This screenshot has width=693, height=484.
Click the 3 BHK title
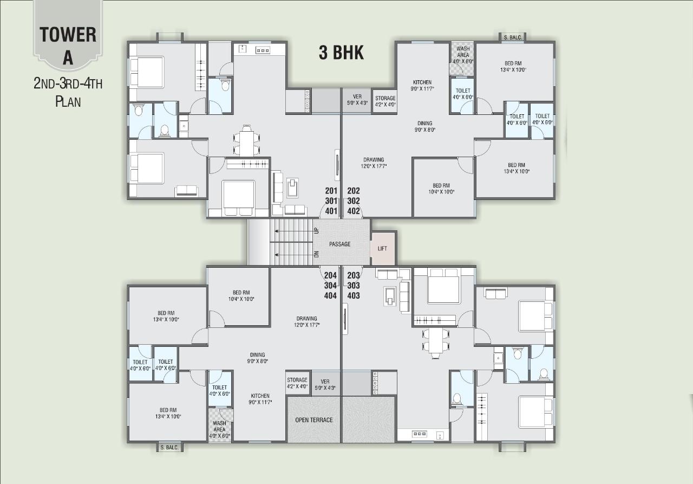341,53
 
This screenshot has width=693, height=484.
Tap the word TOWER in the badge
68,35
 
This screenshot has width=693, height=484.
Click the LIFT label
382,248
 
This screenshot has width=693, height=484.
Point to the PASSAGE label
339,244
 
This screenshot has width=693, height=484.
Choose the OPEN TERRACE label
313,420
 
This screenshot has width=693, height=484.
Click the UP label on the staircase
316,231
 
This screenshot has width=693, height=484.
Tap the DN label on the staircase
316,254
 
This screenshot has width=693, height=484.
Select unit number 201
331,191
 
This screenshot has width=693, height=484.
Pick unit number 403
354,296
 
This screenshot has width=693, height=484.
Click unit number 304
330,286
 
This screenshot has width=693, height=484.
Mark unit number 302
354,201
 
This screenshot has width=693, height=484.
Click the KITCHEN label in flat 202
422,82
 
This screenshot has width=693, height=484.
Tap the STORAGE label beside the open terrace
297,380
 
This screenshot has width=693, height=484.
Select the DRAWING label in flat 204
306,319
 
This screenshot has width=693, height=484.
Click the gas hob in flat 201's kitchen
263,50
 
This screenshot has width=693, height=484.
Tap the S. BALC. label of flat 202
512,37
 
